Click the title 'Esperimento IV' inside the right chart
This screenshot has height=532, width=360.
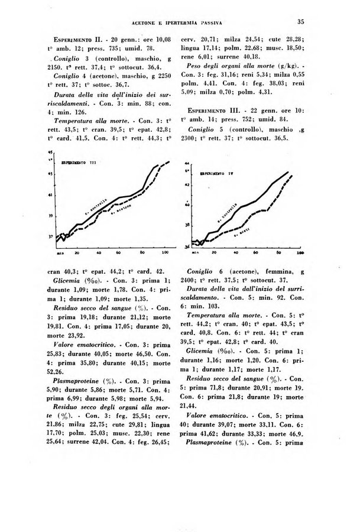point(218,174)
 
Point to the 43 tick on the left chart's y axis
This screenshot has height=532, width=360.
point(50,173)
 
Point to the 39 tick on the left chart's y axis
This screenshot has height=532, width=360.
point(50,216)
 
